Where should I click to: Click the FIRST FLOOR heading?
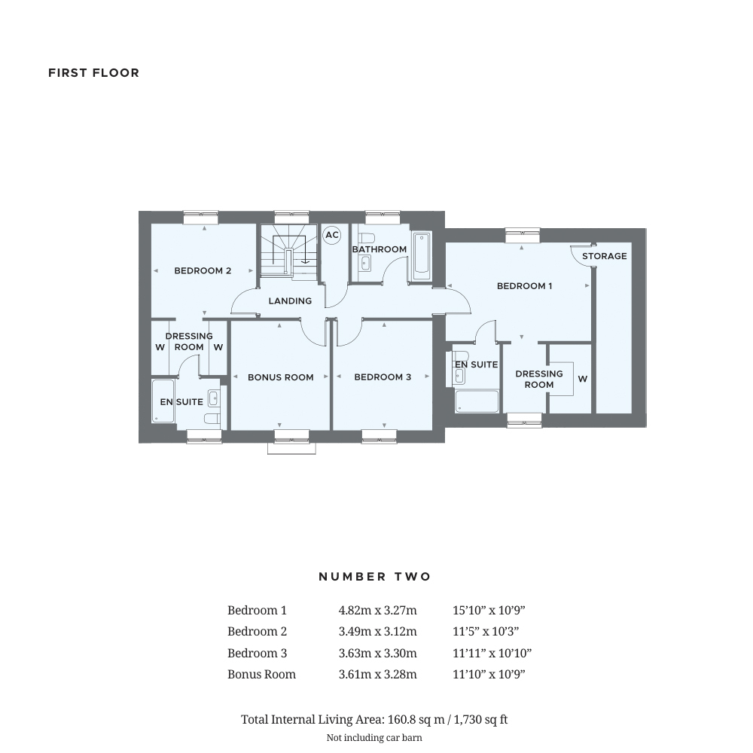[93, 73]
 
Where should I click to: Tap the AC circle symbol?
[331, 236]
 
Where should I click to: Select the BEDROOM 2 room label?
[203, 271]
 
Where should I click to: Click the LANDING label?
[290, 301]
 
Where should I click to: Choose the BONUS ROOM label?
[280, 377]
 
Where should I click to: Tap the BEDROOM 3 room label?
[383, 377]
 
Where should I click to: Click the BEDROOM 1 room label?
[524, 286]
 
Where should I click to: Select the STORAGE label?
[604, 256]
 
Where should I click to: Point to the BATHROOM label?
[380, 249]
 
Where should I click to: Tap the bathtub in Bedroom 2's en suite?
[163, 401]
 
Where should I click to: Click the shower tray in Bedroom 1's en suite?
[477, 401]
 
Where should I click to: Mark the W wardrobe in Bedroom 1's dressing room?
[582, 379]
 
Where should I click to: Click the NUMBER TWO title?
[375, 577]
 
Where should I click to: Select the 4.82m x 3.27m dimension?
[377, 611]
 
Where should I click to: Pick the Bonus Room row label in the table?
[261, 675]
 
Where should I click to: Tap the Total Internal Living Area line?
[374, 720]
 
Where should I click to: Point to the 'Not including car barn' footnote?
[374, 738]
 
